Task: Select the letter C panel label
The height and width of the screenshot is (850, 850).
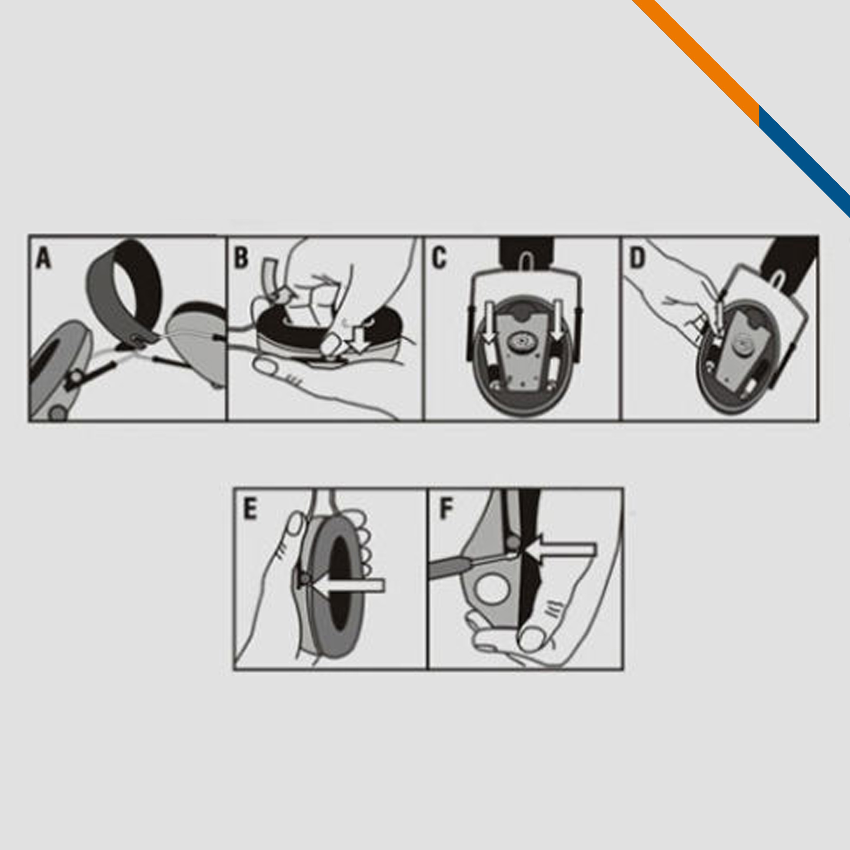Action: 439,258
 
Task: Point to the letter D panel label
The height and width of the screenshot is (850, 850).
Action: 637,258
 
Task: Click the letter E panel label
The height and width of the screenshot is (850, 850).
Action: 249,510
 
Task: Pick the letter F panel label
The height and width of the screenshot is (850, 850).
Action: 446,510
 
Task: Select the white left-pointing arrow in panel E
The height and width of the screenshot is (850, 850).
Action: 348,586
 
